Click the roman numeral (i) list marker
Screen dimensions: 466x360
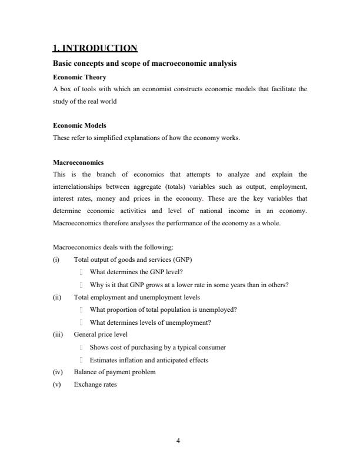[x=56, y=259]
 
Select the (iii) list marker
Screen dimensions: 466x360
[x=58, y=334]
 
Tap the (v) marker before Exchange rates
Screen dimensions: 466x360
[x=56, y=385]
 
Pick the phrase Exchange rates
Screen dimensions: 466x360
[x=95, y=385]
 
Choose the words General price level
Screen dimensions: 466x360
[x=101, y=334]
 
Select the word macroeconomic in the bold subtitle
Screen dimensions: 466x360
[x=169, y=63]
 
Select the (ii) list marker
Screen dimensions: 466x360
[x=57, y=297]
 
